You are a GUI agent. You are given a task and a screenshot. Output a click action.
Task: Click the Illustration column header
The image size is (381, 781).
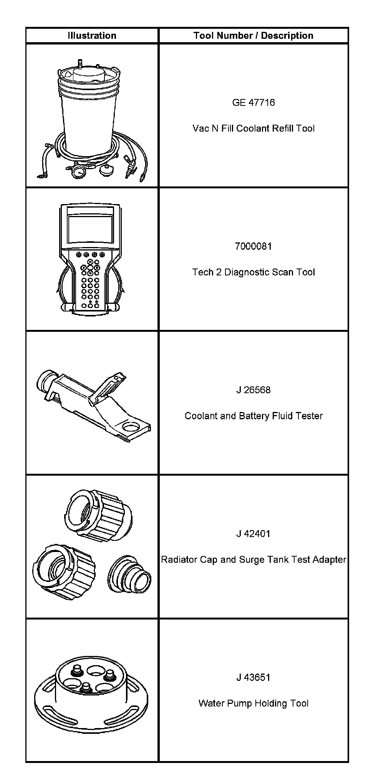point(92,36)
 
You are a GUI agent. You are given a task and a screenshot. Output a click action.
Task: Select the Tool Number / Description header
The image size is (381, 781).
point(253,36)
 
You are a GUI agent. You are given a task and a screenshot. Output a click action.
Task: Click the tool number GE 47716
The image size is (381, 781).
point(253,102)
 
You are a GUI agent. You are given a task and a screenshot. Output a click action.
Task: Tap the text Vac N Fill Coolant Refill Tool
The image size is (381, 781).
point(253,128)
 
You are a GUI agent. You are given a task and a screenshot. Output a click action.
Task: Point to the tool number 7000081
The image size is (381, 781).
point(253,246)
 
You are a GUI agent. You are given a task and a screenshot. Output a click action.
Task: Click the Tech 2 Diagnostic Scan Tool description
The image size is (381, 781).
point(253,272)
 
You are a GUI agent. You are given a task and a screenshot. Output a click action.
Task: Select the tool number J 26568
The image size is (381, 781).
point(253,390)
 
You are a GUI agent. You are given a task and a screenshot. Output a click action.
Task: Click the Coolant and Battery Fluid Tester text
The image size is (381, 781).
point(253,416)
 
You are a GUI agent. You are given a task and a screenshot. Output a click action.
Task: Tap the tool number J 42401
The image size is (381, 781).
point(253,534)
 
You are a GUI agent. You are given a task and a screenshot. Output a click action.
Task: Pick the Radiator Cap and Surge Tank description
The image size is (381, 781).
point(253,560)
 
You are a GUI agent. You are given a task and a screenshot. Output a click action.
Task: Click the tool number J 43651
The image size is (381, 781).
point(253,677)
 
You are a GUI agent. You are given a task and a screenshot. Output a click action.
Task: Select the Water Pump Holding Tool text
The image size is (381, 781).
point(253,704)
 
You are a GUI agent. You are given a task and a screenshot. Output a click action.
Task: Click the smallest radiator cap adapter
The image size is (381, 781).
point(130,574)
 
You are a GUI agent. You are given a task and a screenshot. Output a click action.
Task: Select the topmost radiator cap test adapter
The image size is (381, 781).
point(98,514)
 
